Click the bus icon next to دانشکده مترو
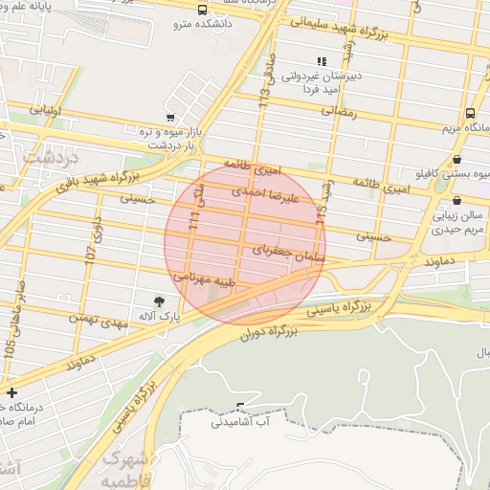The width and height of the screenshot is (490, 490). point(201,11)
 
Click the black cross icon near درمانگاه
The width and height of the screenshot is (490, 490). point(11,392)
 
